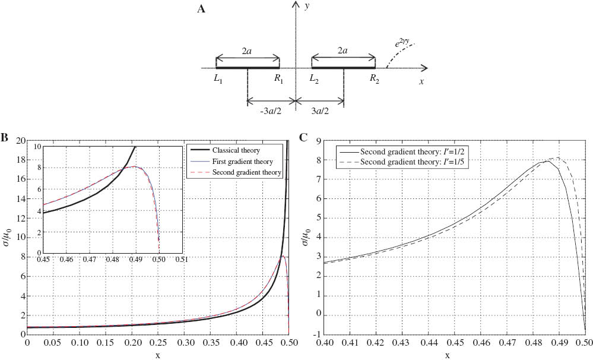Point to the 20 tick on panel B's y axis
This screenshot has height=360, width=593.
coord(18,141)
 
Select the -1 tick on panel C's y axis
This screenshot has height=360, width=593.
coord(319,333)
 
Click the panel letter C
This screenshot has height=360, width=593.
coord(303,138)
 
